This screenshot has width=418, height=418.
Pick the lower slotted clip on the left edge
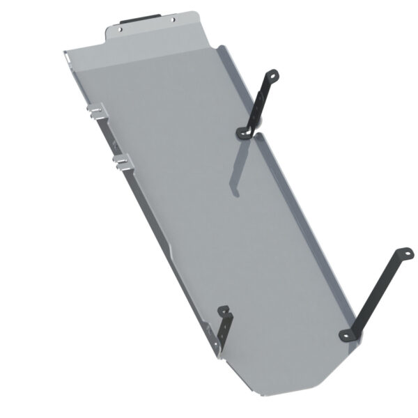[x=123, y=161]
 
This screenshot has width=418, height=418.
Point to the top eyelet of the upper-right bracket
[x=272, y=75]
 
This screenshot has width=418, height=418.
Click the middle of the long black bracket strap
[x=376, y=293]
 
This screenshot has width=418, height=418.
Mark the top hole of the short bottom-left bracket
[x=224, y=311]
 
